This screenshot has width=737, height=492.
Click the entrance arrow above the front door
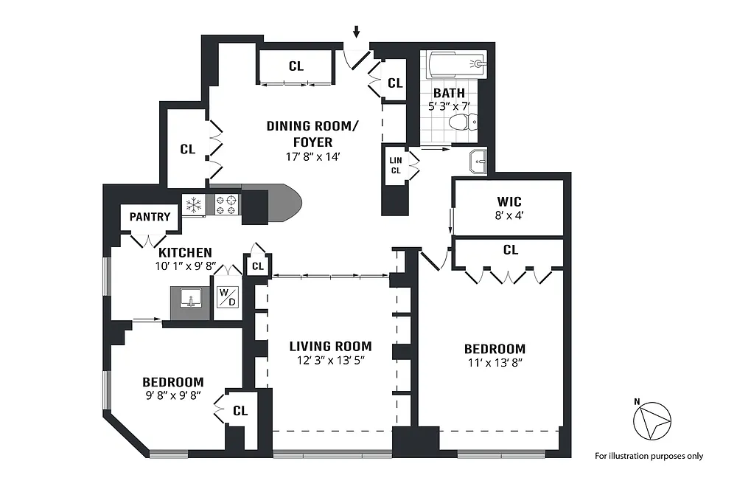356,32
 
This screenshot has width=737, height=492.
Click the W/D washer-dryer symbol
228,297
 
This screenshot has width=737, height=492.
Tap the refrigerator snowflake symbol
193,205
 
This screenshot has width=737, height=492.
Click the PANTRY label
150,217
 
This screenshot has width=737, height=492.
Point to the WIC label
509,202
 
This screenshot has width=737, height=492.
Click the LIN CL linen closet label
396,165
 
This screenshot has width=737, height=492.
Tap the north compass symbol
652,420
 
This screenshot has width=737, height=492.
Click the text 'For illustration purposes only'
649,456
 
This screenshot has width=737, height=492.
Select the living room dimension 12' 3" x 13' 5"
331,360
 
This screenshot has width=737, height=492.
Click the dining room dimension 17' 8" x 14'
312,156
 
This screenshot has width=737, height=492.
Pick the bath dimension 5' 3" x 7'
449,106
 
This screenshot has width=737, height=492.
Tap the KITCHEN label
185,252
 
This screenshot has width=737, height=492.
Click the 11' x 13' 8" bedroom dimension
495,363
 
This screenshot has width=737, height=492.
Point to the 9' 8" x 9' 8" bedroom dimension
173,395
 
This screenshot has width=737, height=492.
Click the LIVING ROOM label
330,347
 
